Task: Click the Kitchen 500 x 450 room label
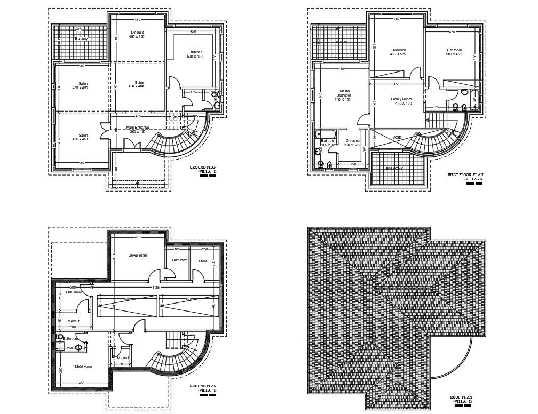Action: click(x=196, y=54)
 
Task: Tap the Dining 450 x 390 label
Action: click(x=138, y=35)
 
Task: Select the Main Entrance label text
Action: click(x=138, y=129)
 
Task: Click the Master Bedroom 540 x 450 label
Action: click(x=342, y=95)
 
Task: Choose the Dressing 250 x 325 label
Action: click(x=352, y=143)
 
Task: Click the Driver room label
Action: click(x=138, y=255)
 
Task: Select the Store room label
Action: click(x=203, y=261)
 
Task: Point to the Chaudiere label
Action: click(x=74, y=292)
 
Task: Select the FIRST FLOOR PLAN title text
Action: click(x=465, y=174)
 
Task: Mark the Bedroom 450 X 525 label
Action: click(x=398, y=52)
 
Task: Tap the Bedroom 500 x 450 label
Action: click(x=454, y=52)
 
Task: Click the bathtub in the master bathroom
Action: click(x=326, y=133)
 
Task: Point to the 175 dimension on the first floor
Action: click(x=436, y=107)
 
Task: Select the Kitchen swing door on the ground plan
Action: click(x=174, y=83)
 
